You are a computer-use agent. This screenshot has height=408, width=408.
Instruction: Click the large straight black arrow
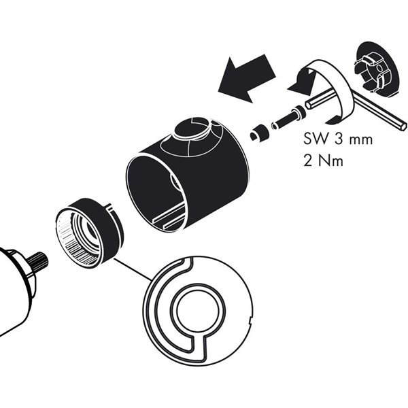tap(246, 78)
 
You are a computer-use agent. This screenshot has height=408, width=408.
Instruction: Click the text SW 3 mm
tap(338, 139)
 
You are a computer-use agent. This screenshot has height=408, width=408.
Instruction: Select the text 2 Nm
tap(324, 161)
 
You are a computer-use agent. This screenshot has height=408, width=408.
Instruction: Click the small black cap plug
tap(258, 133)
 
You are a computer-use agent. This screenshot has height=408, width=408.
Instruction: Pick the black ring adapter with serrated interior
tap(88, 233)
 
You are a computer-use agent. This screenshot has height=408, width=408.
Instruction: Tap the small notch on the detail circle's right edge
tap(250, 320)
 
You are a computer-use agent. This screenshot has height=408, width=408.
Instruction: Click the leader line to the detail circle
tap(133, 269)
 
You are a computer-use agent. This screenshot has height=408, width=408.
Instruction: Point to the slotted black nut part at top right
tap(377, 70)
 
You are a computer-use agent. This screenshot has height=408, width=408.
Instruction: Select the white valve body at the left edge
tap(16, 292)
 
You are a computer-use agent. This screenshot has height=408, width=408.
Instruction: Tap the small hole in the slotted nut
tap(379, 68)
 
